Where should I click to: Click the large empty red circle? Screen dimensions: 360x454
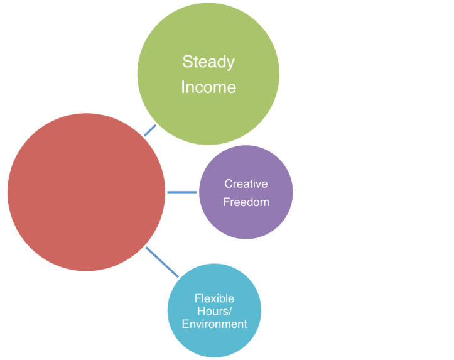pos(87,192)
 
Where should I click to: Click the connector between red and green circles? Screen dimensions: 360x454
pos(151,130)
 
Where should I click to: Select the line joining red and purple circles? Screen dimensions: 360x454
pos(182,192)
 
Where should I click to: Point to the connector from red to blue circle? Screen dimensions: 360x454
pos(162,262)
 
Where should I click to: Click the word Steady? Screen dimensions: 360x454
pos(208,62)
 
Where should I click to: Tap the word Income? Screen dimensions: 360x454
pos(208,87)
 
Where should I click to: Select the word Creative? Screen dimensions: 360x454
pos(246,184)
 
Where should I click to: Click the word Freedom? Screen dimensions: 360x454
pos(246,202)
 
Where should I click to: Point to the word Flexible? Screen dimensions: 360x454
pos(214,298)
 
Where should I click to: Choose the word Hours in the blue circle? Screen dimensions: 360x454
pos(212,312)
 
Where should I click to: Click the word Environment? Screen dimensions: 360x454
pos(214,324)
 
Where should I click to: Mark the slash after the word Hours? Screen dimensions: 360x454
pos(227,312)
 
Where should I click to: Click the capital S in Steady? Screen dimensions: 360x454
pos(186,62)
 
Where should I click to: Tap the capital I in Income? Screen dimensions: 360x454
pos(183,87)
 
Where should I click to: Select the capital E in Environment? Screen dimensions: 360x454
pos(185,324)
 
